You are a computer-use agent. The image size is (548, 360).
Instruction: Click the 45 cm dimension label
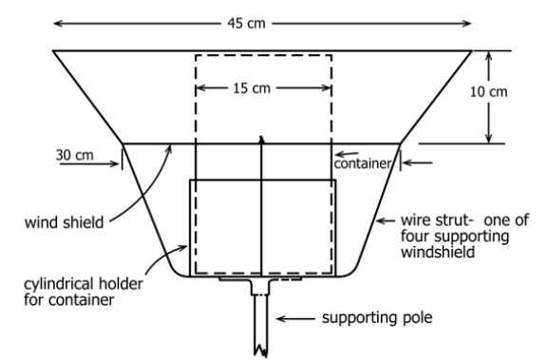pos(246,24)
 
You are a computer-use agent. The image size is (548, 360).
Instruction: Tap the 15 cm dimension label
pos(252,88)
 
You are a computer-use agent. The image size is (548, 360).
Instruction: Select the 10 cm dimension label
pos(488,92)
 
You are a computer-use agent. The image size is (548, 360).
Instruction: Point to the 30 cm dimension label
pos(75,155)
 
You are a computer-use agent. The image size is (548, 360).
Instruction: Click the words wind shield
pos(64,222)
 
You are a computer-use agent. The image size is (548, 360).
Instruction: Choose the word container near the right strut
pos(363,163)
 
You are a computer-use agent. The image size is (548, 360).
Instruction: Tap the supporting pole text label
pos(377,317)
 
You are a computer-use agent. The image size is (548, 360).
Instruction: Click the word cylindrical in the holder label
pos(59,284)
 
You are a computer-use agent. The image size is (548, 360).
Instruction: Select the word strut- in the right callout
pos(454,220)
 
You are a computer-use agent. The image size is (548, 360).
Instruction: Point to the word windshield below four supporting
pos(438,252)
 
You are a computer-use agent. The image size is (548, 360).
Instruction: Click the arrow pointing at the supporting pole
pos(295,319)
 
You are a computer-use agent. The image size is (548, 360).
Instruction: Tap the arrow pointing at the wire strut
pos(386,220)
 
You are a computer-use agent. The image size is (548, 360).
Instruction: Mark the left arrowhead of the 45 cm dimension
pos(53,24)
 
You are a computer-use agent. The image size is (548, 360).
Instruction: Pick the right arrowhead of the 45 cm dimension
pos(471,24)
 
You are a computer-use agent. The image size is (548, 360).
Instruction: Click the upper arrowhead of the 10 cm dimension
pos(489,51)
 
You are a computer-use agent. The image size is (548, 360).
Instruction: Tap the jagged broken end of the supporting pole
pos(261,351)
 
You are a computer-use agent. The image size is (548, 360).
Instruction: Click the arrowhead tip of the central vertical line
pos(261,137)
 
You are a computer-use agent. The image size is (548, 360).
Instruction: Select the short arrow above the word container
pos(347,154)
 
